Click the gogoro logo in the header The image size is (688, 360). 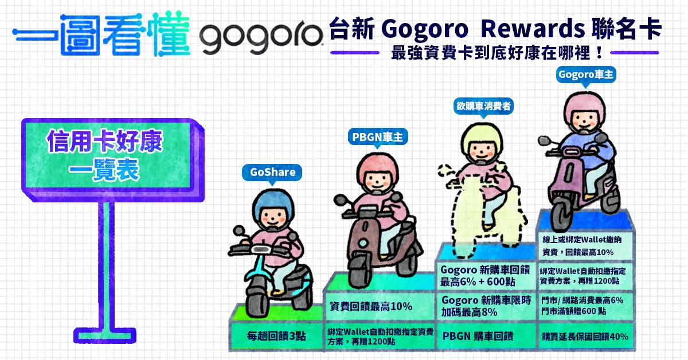261,36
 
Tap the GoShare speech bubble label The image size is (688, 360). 272,173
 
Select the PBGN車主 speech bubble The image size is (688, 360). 377,138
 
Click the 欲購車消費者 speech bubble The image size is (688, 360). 483,107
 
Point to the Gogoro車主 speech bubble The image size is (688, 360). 586,75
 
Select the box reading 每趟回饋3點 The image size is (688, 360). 276,336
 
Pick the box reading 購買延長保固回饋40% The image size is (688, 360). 585,336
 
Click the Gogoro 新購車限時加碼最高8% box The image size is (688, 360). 486,306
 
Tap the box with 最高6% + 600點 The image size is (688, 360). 486,276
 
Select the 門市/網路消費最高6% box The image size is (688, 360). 585,306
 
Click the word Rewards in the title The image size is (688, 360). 533,29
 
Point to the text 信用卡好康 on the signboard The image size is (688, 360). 104,141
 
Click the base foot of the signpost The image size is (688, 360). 105,335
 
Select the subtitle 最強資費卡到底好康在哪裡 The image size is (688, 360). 495,53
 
